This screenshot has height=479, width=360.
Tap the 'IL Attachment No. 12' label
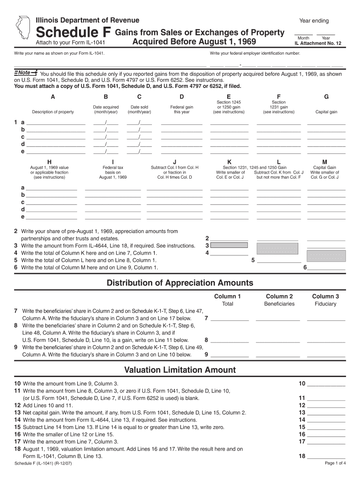pos(318,44)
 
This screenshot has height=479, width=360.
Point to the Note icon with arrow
pos(25,73)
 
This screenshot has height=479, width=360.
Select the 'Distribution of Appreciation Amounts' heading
pos(180,283)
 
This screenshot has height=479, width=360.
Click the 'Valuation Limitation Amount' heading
pos(180,370)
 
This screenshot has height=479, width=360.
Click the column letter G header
pos(326,97)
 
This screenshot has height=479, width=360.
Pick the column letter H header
pos(50,162)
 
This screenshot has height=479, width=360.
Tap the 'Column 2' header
pos(279,296)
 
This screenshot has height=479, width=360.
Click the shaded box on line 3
pos(230,245)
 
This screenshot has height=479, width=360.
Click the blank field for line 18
pos(326,457)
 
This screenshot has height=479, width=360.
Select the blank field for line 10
pos(326,384)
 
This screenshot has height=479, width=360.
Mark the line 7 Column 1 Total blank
pos(230,319)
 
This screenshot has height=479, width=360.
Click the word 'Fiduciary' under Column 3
pos(325,304)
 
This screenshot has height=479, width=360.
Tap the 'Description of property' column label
pos(53,112)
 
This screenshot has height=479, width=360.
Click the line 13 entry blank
pos(326,413)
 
